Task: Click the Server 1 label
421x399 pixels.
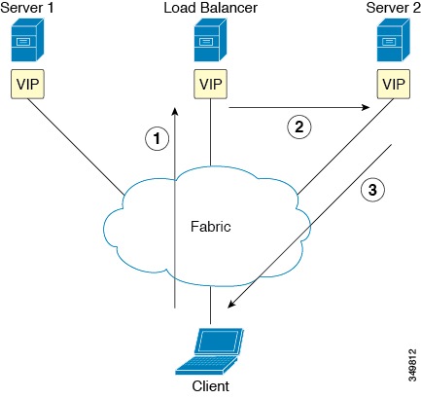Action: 30,9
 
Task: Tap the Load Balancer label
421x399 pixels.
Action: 208,9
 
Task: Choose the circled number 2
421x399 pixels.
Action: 297,125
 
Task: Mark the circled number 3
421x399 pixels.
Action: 370,190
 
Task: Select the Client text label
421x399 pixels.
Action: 211,384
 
